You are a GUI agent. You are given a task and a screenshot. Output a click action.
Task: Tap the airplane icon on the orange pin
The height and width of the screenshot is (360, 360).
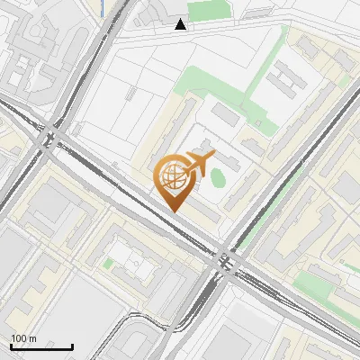(199, 164)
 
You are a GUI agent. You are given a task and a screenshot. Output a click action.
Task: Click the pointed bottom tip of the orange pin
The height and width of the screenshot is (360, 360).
(174, 211)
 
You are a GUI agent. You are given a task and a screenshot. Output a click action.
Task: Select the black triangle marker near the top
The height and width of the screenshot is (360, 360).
(182, 24)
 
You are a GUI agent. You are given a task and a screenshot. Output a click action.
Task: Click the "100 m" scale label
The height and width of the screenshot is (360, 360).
(24, 338)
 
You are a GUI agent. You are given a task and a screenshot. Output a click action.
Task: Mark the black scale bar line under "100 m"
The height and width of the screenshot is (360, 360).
(41, 346)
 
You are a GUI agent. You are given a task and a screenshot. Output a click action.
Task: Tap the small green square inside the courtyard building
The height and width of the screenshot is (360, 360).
(108, 264)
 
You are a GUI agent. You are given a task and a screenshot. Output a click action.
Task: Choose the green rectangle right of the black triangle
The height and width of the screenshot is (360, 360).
(210, 9)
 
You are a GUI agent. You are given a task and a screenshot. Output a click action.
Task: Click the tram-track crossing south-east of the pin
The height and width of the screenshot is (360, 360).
(226, 263)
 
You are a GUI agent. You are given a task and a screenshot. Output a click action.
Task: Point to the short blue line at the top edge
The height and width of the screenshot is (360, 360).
(105, 4)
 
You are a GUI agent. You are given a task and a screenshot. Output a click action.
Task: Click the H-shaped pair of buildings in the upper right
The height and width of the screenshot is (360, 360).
(288, 81)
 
